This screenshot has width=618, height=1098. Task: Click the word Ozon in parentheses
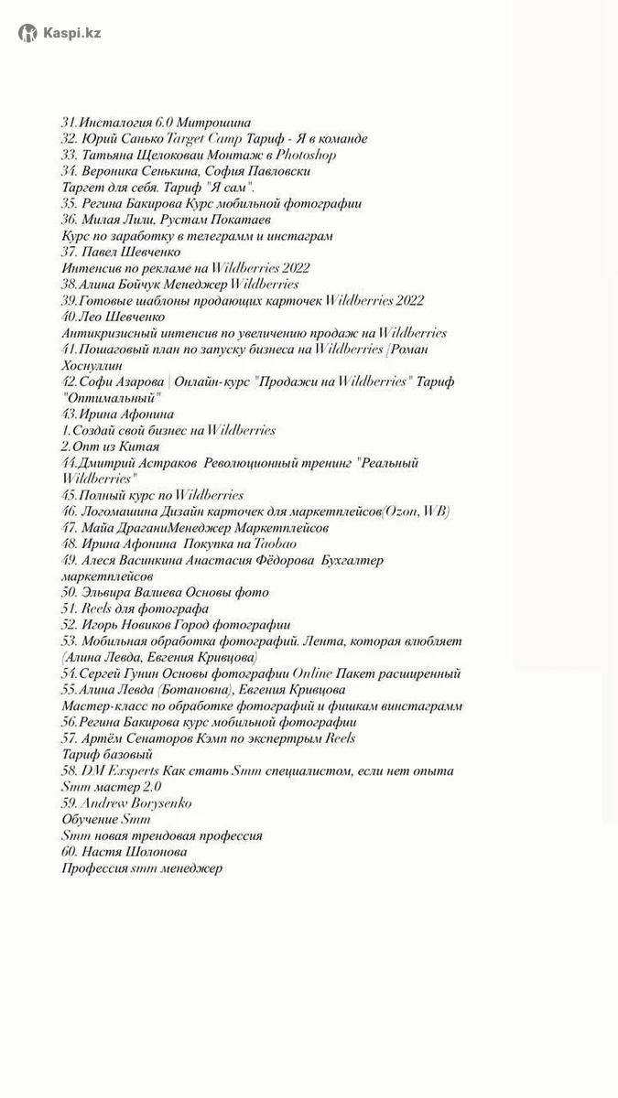click(x=398, y=511)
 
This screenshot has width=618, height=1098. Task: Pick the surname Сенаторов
click(x=156, y=738)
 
